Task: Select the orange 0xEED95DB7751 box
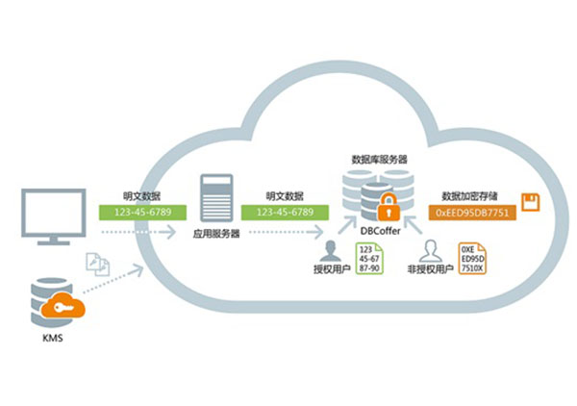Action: click(471, 210)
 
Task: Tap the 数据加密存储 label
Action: click(470, 192)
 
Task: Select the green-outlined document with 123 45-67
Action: click(368, 262)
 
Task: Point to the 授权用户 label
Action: click(331, 271)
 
